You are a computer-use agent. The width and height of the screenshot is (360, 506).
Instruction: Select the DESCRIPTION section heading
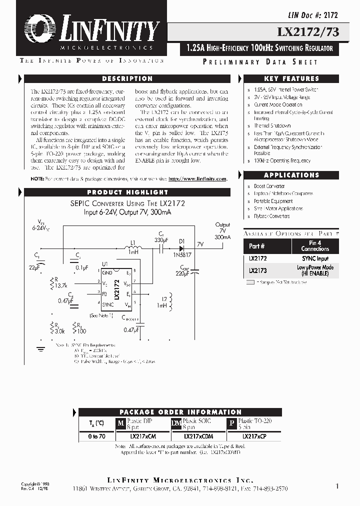pos(127,79)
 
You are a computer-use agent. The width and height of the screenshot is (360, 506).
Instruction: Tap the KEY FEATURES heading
pos(291,79)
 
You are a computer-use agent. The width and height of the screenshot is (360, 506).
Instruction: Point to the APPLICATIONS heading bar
pos(291,175)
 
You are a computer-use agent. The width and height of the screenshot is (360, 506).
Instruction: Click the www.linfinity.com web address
pos(197,178)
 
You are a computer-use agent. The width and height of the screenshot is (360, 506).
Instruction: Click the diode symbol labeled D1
pos(181,246)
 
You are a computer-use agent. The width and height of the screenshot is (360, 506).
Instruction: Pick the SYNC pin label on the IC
pos(107,304)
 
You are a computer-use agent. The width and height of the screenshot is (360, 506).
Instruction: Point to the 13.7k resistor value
pos(61,285)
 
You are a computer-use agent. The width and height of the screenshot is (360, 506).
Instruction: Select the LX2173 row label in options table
pos(257,270)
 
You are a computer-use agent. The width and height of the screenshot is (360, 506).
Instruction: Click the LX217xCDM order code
pos(198,436)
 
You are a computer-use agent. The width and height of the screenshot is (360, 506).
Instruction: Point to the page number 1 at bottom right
pos(337,485)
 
